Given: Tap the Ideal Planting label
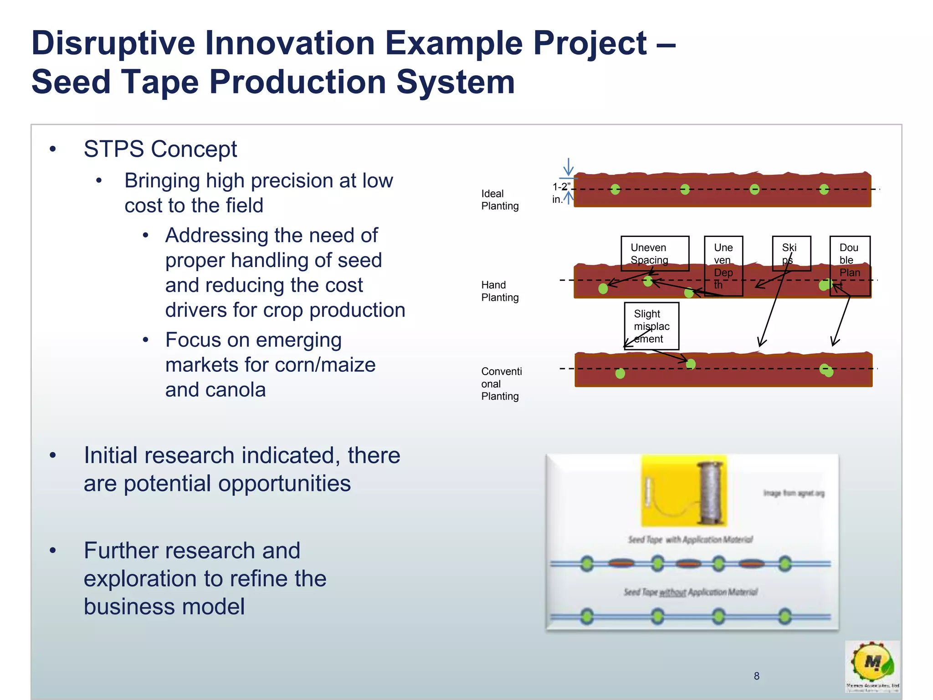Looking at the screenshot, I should (x=499, y=200).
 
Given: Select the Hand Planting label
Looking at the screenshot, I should (x=499, y=291).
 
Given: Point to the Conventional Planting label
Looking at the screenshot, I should (x=501, y=384).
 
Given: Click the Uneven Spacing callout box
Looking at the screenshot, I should (x=654, y=253).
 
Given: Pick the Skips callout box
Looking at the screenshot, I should (x=791, y=253).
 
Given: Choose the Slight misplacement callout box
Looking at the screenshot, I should (x=651, y=326).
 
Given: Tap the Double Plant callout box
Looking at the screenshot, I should (x=850, y=266).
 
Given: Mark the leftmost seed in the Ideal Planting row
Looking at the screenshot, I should (x=615, y=190).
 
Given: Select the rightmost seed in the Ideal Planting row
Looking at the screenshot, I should (x=824, y=190).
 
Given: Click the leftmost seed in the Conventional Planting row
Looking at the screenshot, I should (x=620, y=374).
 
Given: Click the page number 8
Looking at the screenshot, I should (x=756, y=676).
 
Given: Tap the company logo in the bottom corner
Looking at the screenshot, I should (x=872, y=666).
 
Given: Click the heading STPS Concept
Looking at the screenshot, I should (x=160, y=149).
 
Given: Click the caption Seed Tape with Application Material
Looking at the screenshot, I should (x=690, y=540).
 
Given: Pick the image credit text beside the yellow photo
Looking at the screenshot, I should (x=794, y=493).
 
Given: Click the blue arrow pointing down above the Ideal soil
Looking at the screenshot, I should (x=568, y=166).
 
